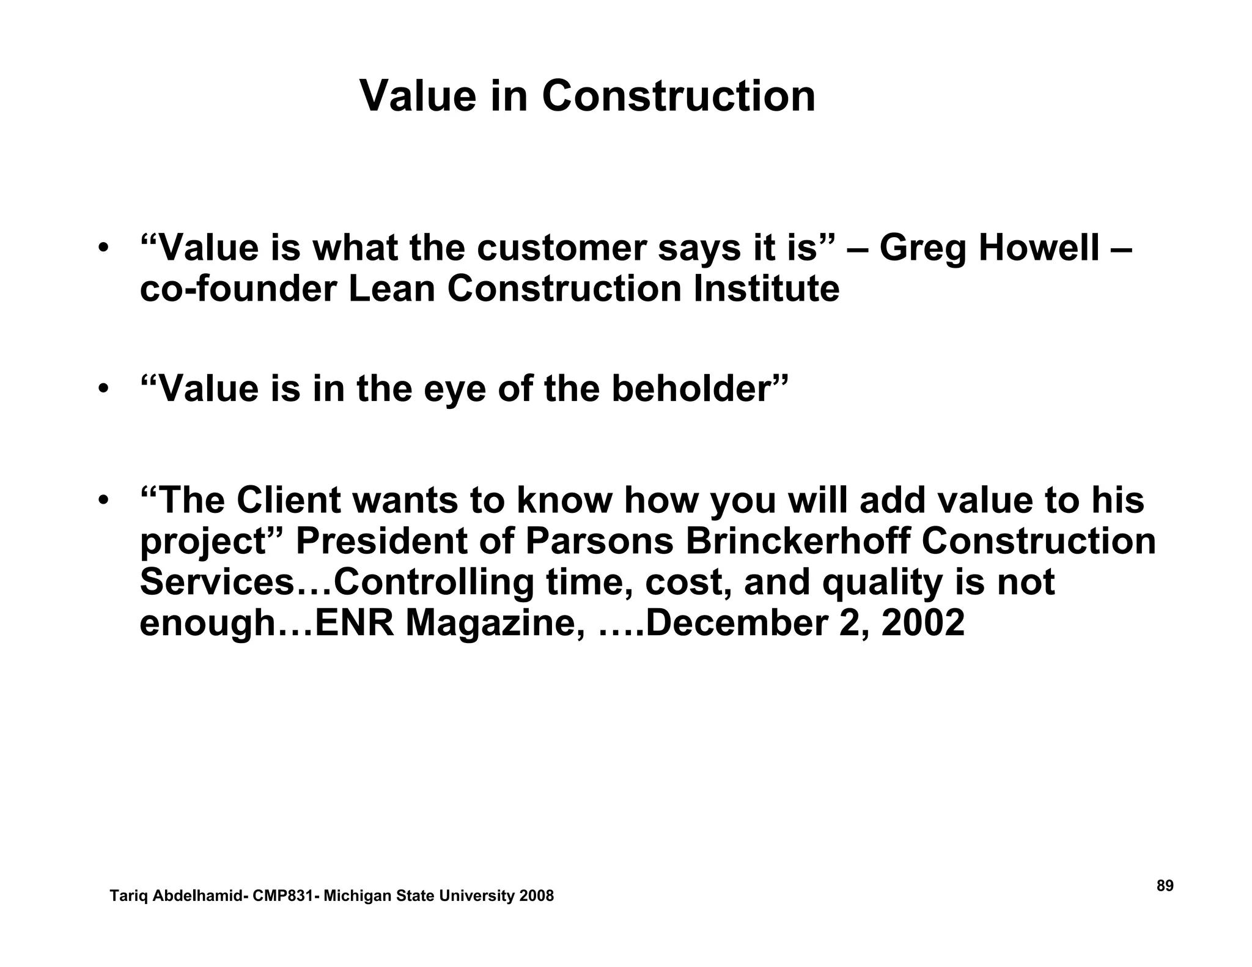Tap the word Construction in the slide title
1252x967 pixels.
coord(679,96)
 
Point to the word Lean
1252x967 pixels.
coord(391,289)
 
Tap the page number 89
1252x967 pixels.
coord(1165,886)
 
